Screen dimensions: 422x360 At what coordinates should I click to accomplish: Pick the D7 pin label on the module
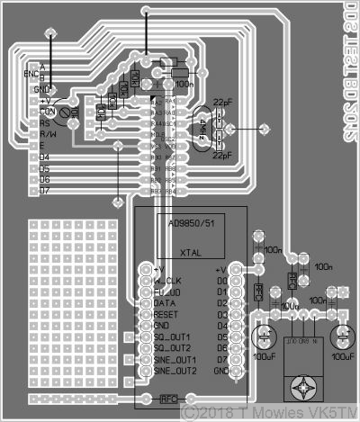pos(221,359)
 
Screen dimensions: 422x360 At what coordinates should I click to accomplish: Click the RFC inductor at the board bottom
pos(168,398)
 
